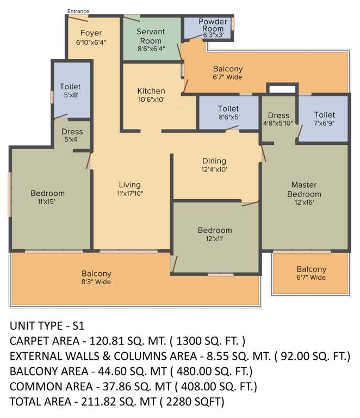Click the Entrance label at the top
pos(78,11)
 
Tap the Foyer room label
pos(91,33)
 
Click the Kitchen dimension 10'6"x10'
pos(151,99)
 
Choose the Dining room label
pos(214,161)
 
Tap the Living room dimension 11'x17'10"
pos(129,193)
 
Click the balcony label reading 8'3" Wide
pos(96,282)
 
